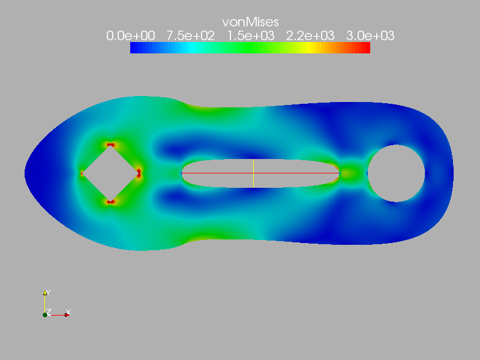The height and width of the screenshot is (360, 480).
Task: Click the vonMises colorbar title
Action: [x=250, y=22]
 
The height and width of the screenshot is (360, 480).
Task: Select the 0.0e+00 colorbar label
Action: [x=131, y=36]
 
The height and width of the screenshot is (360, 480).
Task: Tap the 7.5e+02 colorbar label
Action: [x=190, y=36]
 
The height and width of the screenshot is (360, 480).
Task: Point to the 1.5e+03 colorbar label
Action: [x=251, y=36]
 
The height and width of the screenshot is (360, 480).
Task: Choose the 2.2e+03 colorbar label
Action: [x=310, y=36]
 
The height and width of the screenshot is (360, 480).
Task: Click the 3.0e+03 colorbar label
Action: [x=370, y=36]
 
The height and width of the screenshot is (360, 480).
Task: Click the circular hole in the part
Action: [x=396, y=173]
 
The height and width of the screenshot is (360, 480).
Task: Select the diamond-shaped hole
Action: [x=110, y=173]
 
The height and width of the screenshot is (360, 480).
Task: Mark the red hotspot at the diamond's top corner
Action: [x=110, y=145]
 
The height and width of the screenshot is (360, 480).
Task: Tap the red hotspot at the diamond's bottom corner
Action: [x=110, y=202]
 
